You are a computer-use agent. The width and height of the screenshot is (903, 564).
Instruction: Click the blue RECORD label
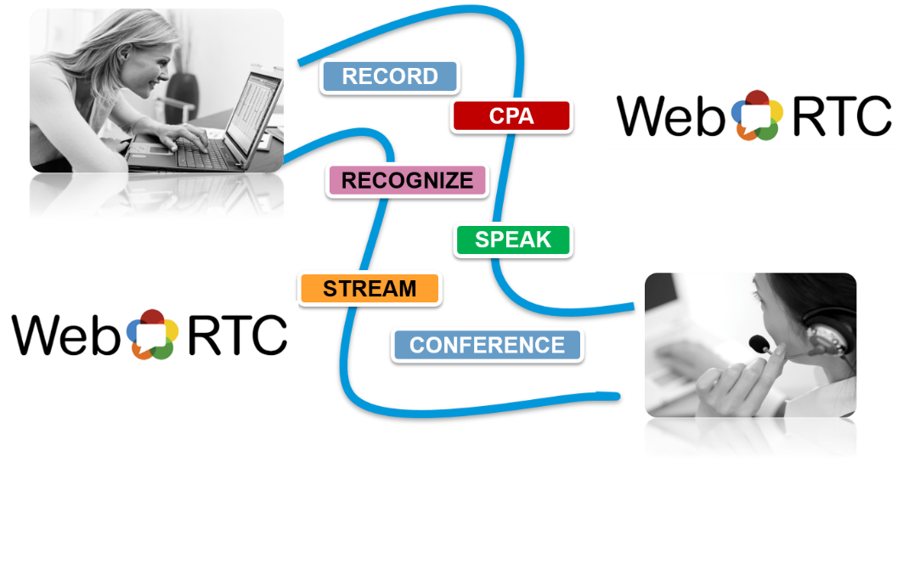pyautogui.click(x=390, y=76)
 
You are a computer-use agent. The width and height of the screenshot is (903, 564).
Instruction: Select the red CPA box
pyautogui.click(x=511, y=116)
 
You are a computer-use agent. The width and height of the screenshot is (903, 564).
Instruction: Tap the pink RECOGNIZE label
pyautogui.click(x=407, y=180)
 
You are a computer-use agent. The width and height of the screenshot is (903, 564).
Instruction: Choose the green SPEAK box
pyautogui.click(x=513, y=240)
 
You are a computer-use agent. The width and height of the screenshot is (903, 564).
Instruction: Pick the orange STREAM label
pyautogui.click(x=370, y=289)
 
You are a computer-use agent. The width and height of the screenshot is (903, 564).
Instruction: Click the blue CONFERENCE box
pyautogui.click(x=487, y=345)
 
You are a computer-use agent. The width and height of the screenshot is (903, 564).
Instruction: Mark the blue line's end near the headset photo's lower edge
pyautogui.click(x=618, y=395)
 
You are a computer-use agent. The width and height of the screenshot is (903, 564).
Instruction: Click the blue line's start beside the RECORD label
pyautogui.click(x=300, y=63)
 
